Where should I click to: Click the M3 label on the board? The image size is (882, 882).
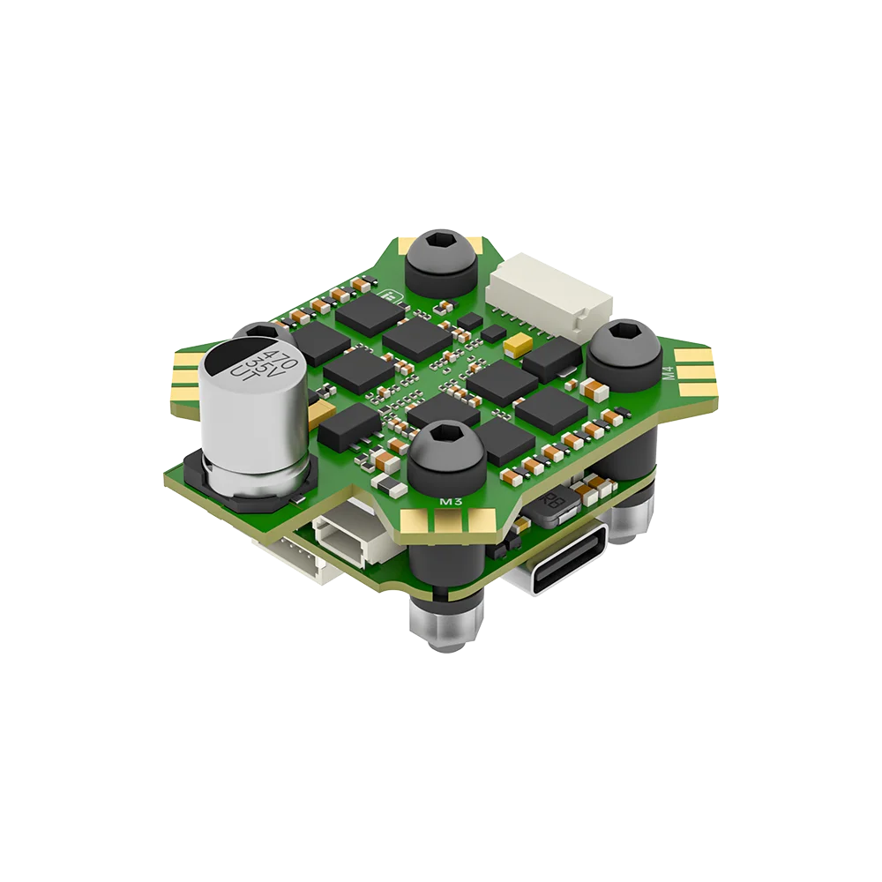click(x=451, y=503)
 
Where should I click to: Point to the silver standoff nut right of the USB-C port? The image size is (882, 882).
click(x=630, y=524)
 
